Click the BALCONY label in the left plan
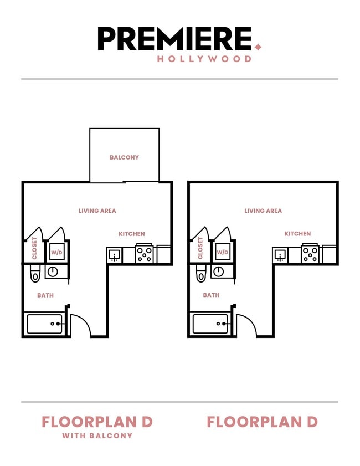[x=124, y=157]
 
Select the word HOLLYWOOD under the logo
[x=204, y=59]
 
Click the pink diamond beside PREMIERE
[x=258, y=47]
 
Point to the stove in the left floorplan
[x=144, y=254]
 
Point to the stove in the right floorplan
[x=310, y=254]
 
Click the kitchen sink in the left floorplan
[x=115, y=255]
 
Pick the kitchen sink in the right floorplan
[x=280, y=255]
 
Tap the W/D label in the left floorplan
[x=56, y=252]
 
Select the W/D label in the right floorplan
[x=222, y=252]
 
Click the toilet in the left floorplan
[x=35, y=273]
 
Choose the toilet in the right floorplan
[x=201, y=273]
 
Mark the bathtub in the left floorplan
[x=44, y=324]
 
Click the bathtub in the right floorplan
[x=210, y=324]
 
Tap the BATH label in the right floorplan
[x=211, y=295]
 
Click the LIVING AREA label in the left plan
[x=97, y=211]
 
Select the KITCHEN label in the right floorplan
[x=297, y=234]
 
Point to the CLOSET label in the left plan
[x=34, y=248]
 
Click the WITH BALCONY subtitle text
[x=97, y=436]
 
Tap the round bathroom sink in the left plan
[x=53, y=272]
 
